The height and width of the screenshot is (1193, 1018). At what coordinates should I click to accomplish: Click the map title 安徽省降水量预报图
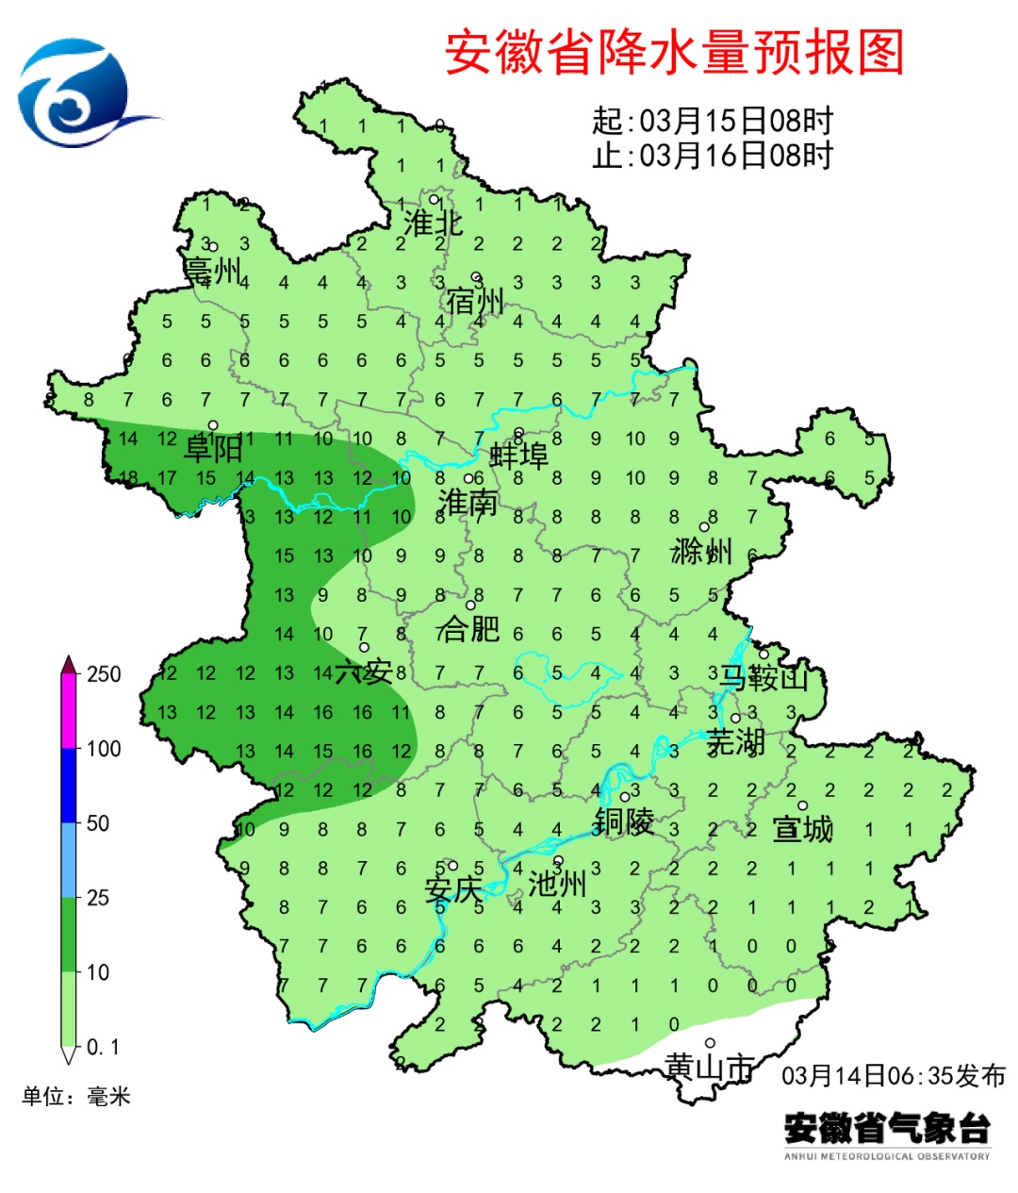click(x=674, y=52)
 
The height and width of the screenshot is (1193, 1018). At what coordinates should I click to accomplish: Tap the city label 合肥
click(x=468, y=628)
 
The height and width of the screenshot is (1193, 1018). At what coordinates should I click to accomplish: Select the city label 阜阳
click(x=213, y=449)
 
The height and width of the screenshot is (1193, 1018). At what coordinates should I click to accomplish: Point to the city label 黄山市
click(x=709, y=1067)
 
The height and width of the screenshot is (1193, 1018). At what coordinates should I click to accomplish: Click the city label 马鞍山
click(x=763, y=676)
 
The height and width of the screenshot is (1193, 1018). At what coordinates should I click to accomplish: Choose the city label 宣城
click(x=802, y=829)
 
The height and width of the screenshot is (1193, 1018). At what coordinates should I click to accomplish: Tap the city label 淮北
click(x=433, y=224)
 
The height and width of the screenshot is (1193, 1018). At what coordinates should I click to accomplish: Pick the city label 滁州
click(x=701, y=551)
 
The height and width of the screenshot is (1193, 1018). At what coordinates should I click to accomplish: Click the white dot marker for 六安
click(x=364, y=647)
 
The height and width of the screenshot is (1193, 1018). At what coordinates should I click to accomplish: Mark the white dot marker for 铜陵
click(x=624, y=797)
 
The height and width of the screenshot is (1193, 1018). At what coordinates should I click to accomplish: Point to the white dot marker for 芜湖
click(x=736, y=718)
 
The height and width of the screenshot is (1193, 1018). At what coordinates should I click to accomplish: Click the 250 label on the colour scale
click(x=104, y=674)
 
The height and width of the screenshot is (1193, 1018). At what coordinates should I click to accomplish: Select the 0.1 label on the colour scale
click(x=103, y=1047)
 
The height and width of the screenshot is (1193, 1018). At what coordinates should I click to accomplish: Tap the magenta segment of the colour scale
click(x=69, y=711)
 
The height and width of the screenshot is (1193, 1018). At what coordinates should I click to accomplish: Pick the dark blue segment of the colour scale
click(x=69, y=785)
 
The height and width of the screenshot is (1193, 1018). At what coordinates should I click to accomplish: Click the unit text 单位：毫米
click(x=76, y=1096)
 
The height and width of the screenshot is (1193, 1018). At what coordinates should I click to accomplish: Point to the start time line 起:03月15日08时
click(x=713, y=121)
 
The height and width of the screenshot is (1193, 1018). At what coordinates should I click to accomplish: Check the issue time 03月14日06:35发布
click(x=894, y=1075)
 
